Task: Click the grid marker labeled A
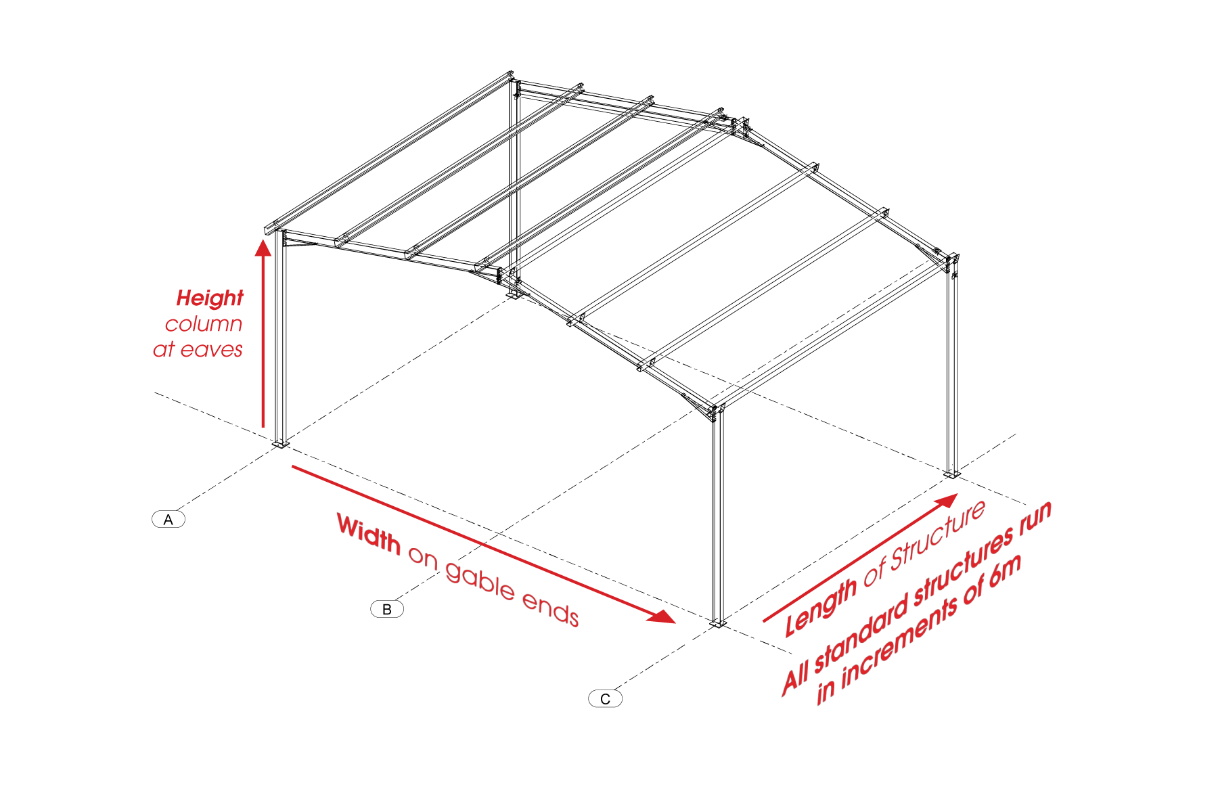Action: click(x=168, y=519)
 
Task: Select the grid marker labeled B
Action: click(x=387, y=609)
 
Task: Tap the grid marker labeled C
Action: click(x=605, y=699)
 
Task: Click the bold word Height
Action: click(x=210, y=298)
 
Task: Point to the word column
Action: click(x=204, y=324)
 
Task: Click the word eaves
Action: click(x=212, y=350)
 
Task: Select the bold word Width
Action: click(x=369, y=534)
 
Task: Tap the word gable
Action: click(x=480, y=581)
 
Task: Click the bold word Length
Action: click(x=821, y=606)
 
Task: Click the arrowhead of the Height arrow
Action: click(x=263, y=248)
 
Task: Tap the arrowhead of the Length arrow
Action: click(x=945, y=501)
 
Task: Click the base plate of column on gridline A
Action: click(x=280, y=444)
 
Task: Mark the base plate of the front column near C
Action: click(x=717, y=623)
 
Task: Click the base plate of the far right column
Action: click(x=952, y=474)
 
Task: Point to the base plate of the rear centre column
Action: click(x=514, y=295)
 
